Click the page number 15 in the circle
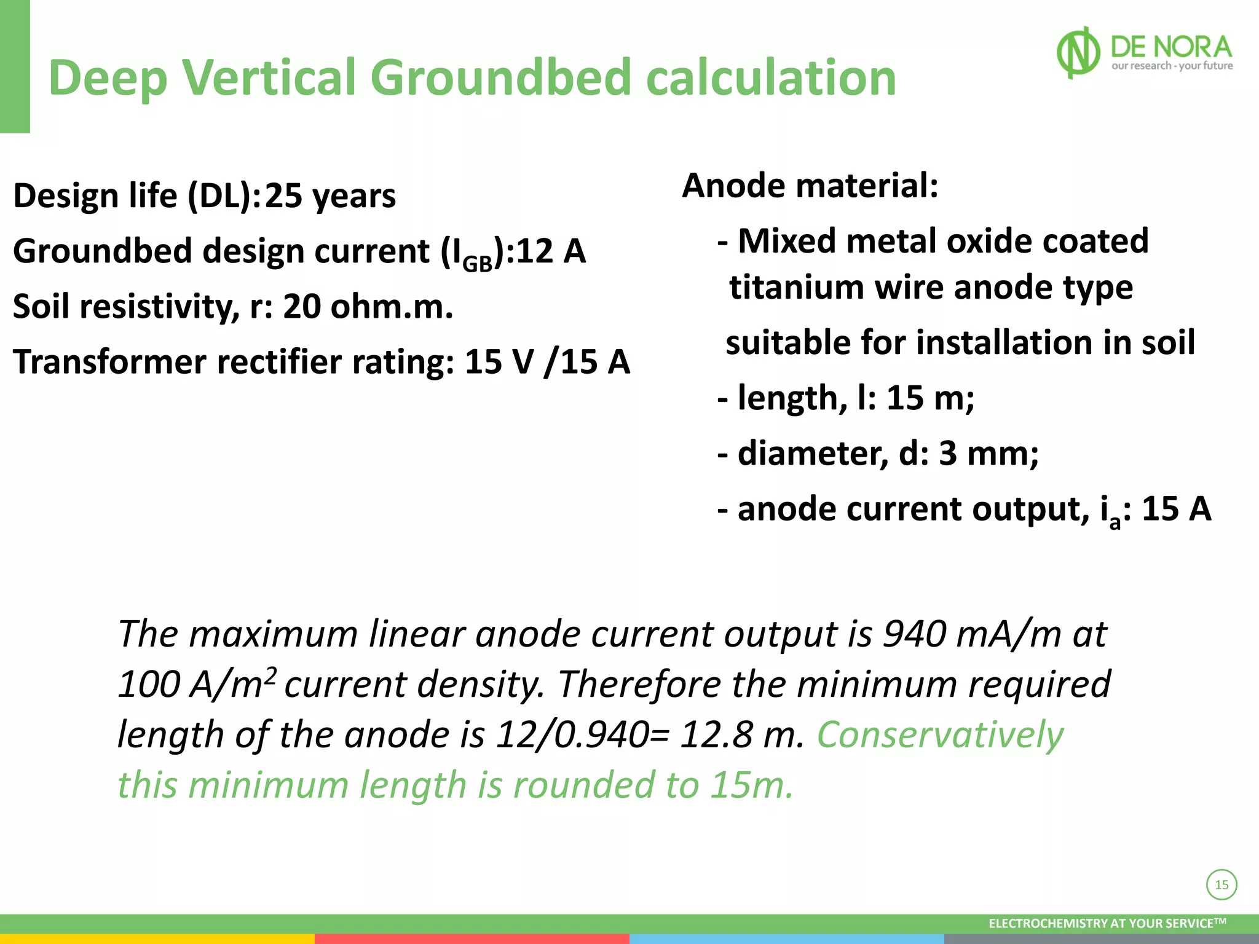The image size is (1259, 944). (x=1222, y=885)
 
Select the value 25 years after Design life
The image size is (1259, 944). (x=330, y=196)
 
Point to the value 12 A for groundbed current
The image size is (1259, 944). (x=551, y=251)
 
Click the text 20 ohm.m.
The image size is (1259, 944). (x=368, y=306)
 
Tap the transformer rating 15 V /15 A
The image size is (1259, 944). (x=547, y=361)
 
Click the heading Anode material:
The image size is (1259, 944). (x=810, y=186)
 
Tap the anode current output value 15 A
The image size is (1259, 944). (x=1176, y=509)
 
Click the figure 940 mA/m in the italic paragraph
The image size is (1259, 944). (x=971, y=634)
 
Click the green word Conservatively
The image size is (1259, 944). (x=940, y=735)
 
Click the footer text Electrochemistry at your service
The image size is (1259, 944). (x=1107, y=923)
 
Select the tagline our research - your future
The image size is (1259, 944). (x=1172, y=66)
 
